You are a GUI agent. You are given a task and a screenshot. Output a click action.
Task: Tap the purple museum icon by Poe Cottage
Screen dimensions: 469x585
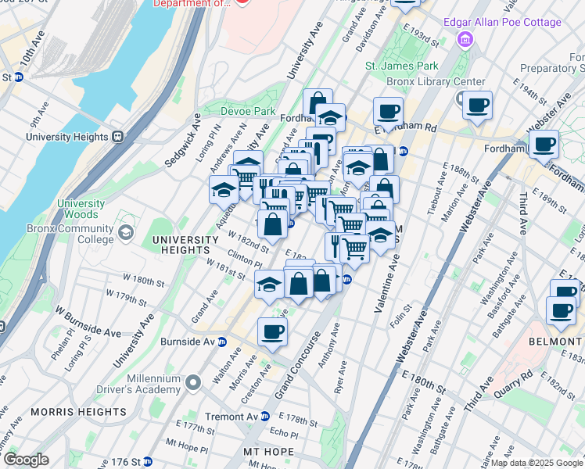466,38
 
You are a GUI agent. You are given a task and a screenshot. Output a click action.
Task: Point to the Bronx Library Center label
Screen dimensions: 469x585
436,82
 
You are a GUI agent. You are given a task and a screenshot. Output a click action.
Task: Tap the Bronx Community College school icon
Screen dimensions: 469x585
125,233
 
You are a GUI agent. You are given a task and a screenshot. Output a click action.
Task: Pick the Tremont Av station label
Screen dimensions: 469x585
230,417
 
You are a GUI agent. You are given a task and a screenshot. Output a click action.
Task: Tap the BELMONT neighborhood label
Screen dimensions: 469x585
562,342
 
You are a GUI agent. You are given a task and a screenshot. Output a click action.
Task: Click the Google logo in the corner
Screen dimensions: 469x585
26,459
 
